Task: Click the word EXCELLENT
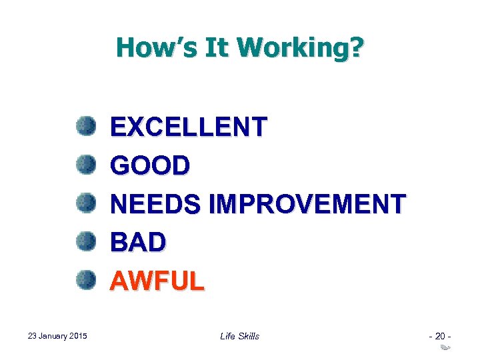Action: tap(189, 127)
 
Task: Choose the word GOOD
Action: tap(150, 165)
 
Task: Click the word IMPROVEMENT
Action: tap(307, 204)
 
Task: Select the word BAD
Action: tap(138, 243)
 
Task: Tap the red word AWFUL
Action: tap(157, 281)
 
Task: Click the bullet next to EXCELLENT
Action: tap(85, 125)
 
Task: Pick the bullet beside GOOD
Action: tap(85, 163)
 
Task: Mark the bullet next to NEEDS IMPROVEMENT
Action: tap(85, 202)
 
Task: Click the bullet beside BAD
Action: tap(85, 241)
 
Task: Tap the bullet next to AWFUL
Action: tap(85, 279)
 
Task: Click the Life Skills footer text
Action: tap(239, 336)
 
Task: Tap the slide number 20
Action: tap(441, 336)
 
